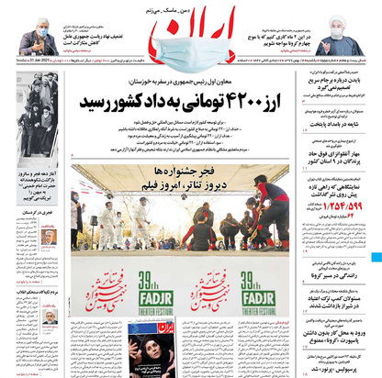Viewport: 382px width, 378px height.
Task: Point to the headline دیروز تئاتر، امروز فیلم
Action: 185,181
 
